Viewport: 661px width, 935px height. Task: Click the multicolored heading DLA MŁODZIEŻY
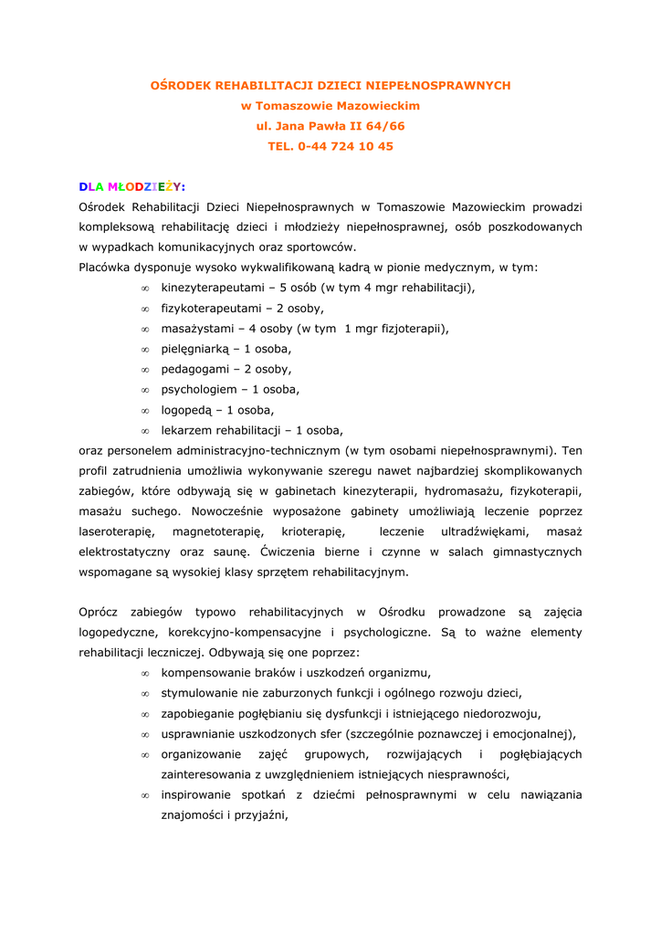pyautogui.click(x=131, y=187)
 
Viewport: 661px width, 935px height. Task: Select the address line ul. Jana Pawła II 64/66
pyautogui.click(x=330, y=126)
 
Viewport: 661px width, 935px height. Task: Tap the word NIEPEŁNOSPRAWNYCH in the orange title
pyautogui.click(x=437, y=85)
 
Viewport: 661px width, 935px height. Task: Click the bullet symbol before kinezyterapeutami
pyautogui.click(x=145, y=289)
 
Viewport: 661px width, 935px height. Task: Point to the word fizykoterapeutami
pyautogui.click(x=208, y=309)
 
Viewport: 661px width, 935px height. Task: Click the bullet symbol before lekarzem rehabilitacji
pyautogui.click(x=145, y=430)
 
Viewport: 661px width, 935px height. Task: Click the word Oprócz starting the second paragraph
pyautogui.click(x=100, y=612)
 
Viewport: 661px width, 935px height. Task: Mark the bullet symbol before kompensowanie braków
pyautogui.click(x=145, y=673)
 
